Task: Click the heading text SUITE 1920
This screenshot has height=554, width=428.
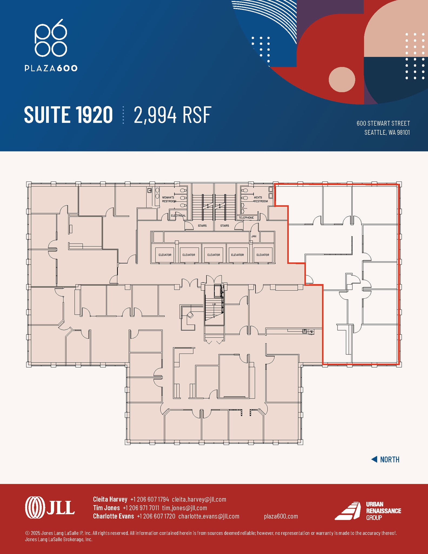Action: click(68, 115)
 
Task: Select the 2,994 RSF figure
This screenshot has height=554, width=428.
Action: click(172, 115)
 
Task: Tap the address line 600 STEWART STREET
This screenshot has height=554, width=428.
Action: click(383, 123)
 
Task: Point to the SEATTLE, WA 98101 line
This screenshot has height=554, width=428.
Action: click(387, 132)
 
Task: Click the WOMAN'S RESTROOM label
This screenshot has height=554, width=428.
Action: click(168, 199)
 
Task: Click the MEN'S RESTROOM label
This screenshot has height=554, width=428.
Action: click(260, 199)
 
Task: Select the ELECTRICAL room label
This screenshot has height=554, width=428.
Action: click(178, 216)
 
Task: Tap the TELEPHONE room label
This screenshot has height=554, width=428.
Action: click(246, 217)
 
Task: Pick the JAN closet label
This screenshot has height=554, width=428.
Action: click(254, 236)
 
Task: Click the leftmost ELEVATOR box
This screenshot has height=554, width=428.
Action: click(165, 255)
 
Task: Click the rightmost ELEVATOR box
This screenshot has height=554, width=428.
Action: click(263, 255)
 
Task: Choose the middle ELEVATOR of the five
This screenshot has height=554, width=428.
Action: click(214, 255)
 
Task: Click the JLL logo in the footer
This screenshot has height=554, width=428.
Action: click(50, 508)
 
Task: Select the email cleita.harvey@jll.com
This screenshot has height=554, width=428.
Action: click(199, 499)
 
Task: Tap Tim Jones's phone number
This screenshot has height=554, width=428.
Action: click(141, 508)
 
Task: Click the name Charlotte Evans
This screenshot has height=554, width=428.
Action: click(113, 516)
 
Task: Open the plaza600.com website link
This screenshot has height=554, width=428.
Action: click(281, 516)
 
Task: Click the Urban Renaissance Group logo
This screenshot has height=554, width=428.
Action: click(368, 511)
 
